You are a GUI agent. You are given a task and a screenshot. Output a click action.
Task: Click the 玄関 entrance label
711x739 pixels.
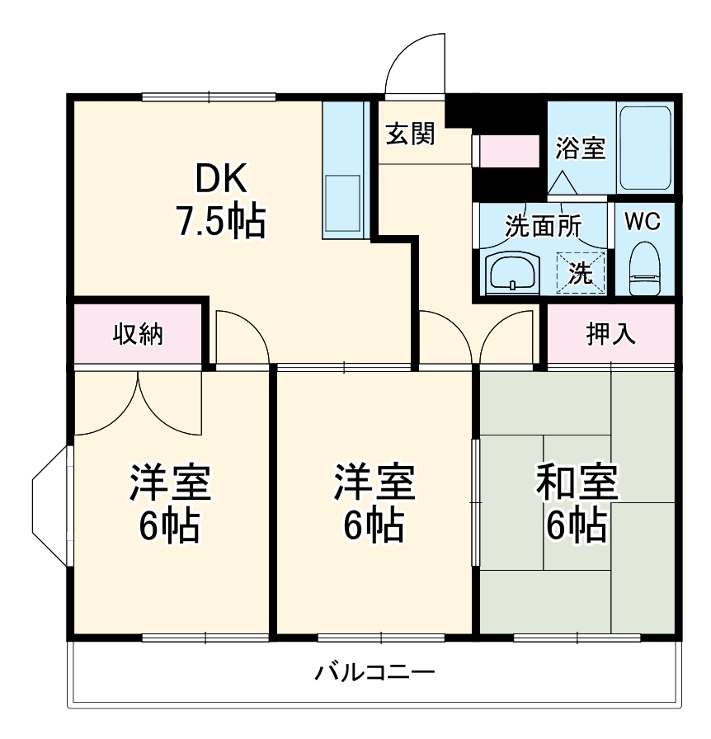pyautogui.click(x=411, y=134)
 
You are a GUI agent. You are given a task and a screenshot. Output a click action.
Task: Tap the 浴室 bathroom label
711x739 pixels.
pyautogui.click(x=581, y=148)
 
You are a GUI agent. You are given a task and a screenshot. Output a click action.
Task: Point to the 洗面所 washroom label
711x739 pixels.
pyautogui.click(x=544, y=226)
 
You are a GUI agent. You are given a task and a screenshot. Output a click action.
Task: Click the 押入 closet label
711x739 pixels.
pyautogui.click(x=610, y=334)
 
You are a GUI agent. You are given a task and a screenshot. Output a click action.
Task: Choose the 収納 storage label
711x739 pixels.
pyautogui.click(x=138, y=334)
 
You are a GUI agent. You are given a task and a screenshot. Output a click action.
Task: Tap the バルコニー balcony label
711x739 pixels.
pyautogui.click(x=374, y=672)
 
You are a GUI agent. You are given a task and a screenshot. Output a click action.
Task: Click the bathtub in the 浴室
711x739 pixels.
pyautogui.click(x=646, y=148)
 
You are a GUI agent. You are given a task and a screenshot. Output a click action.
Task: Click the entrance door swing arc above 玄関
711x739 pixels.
pyautogui.click(x=417, y=62)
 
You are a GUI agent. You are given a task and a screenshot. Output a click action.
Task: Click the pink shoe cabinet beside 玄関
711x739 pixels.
pyautogui.click(x=508, y=151)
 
